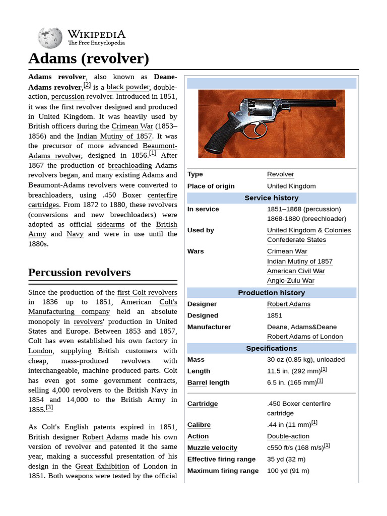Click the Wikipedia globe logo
(50, 38)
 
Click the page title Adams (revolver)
(89, 58)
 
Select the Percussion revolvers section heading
(79, 273)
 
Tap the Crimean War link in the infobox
(287, 251)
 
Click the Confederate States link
(296, 240)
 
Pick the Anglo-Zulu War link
(290, 281)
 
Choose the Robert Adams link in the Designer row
(288, 304)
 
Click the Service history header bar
(271, 198)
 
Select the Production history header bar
(271, 293)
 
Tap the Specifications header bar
(271, 348)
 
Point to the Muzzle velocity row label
(212, 447)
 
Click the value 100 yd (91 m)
(288, 471)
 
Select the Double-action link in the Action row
(288, 436)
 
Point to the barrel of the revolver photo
(312, 104)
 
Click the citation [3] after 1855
(49, 408)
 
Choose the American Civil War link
(296, 271)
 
